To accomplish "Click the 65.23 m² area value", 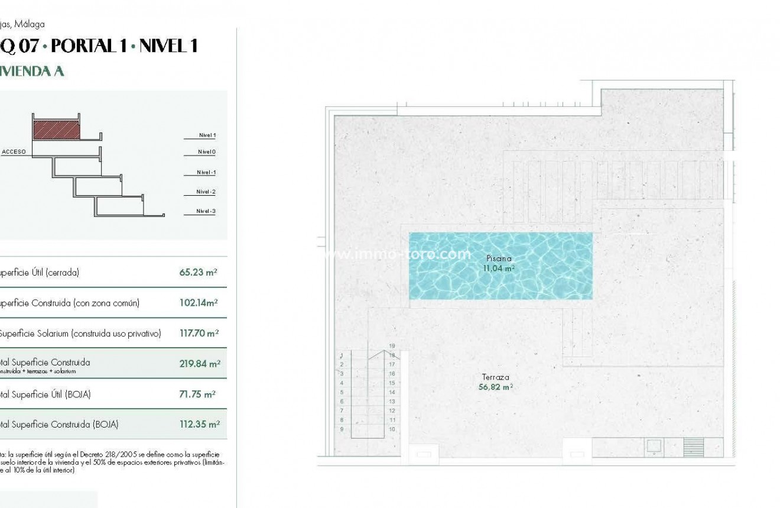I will pos(198,273).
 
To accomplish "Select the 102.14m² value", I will pos(199,303).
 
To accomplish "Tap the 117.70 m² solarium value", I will pos(199,333).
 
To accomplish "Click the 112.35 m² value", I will pos(200,424).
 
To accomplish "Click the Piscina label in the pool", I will pos(499,258).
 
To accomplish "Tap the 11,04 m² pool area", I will pos(499,268).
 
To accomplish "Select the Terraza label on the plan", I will pos(495,377).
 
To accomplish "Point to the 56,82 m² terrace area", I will pos(495,387).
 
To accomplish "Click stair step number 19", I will pos(392,346).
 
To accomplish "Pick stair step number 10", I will pos(392,429).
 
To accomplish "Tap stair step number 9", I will pos(342,429).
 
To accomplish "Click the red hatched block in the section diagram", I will pos(56,130).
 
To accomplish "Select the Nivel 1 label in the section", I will pos(207,135).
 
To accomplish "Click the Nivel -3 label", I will pos(206,211).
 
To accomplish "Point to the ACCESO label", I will pos(14,152).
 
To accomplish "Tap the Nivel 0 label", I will pos(207,152).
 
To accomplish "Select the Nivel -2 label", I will pos(206,192).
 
